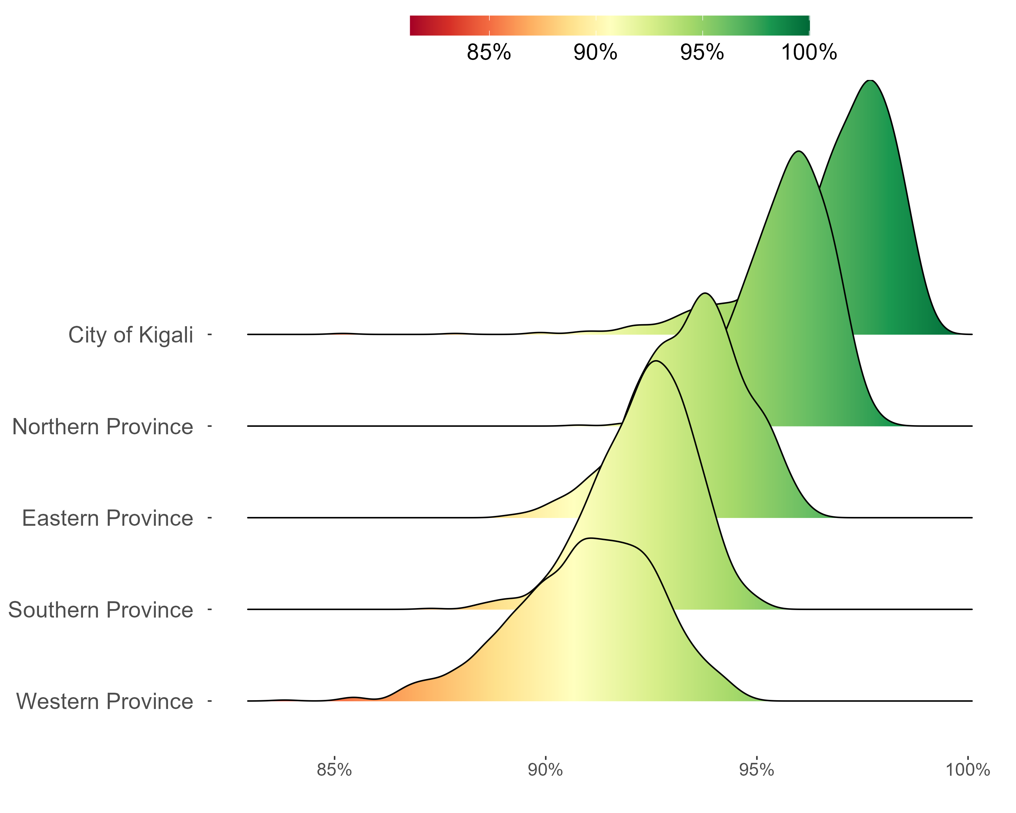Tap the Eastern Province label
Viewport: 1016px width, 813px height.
(107, 518)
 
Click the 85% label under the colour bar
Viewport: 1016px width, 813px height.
(489, 52)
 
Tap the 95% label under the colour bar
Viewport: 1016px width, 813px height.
(702, 52)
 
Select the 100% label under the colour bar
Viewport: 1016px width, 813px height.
(809, 52)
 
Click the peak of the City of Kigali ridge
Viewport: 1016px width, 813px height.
(870, 81)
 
